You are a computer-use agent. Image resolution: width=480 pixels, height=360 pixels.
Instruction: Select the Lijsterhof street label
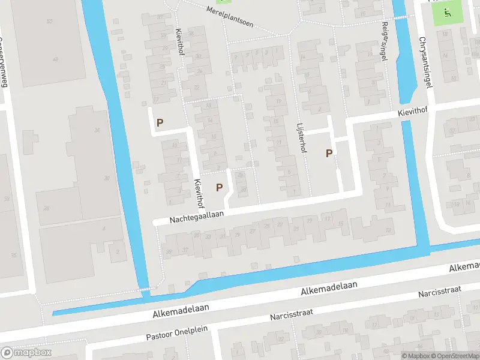pyautogui.click(x=301, y=139)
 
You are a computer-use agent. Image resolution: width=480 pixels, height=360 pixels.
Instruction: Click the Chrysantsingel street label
pyautogui.click(x=427, y=61)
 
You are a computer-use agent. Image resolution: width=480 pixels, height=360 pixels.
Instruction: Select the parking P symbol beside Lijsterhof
pyautogui.click(x=329, y=153)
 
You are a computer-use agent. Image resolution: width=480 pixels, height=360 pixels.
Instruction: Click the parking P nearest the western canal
pyautogui.click(x=160, y=123)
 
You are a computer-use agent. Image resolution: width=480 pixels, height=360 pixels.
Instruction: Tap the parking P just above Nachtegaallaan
pyautogui.click(x=220, y=187)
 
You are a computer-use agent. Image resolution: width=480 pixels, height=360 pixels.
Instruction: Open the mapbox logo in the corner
pyautogui.click(x=26, y=353)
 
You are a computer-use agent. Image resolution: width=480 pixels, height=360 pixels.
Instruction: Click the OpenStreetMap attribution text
pyautogui.click(x=452, y=356)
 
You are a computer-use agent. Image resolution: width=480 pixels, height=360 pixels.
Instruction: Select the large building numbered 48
pyautogui.click(x=55, y=59)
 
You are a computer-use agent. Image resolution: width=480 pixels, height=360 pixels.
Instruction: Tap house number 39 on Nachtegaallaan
pyautogui.click(x=170, y=251)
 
